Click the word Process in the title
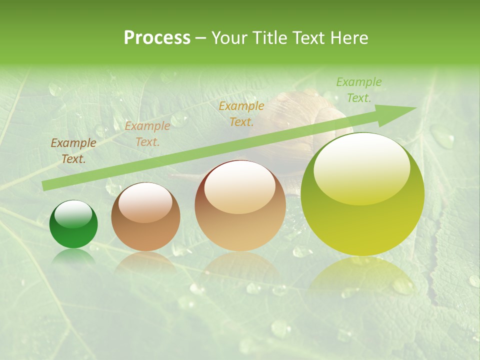tap(157, 38)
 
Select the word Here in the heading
tap(348, 38)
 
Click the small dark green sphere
tap(73, 224)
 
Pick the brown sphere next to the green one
tap(145, 216)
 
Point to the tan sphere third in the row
tap(240, 206)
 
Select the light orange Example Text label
tap(147, 134)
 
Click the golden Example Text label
tap(241, 113)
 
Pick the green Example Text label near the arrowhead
tap(358, 90)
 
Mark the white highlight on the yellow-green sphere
tap(361, 167)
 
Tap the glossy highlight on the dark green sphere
tap(73, 214)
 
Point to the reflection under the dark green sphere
tap(73, 255)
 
